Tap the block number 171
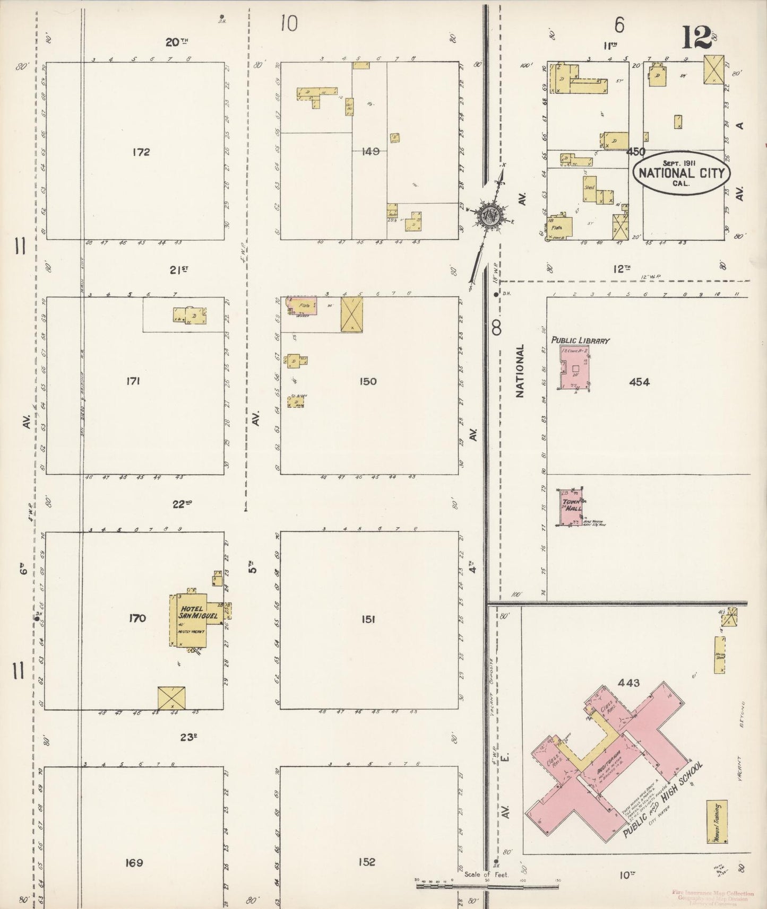(x=133, y=381)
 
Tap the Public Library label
(x=580, y=340)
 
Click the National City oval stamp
(x=680, y=173)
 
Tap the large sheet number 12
(x=696, y=38)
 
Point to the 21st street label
(x=179, y=270)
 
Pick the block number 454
(x=639, y=382)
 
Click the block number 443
(x=628, y=683)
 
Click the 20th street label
(x=176, y=42)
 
